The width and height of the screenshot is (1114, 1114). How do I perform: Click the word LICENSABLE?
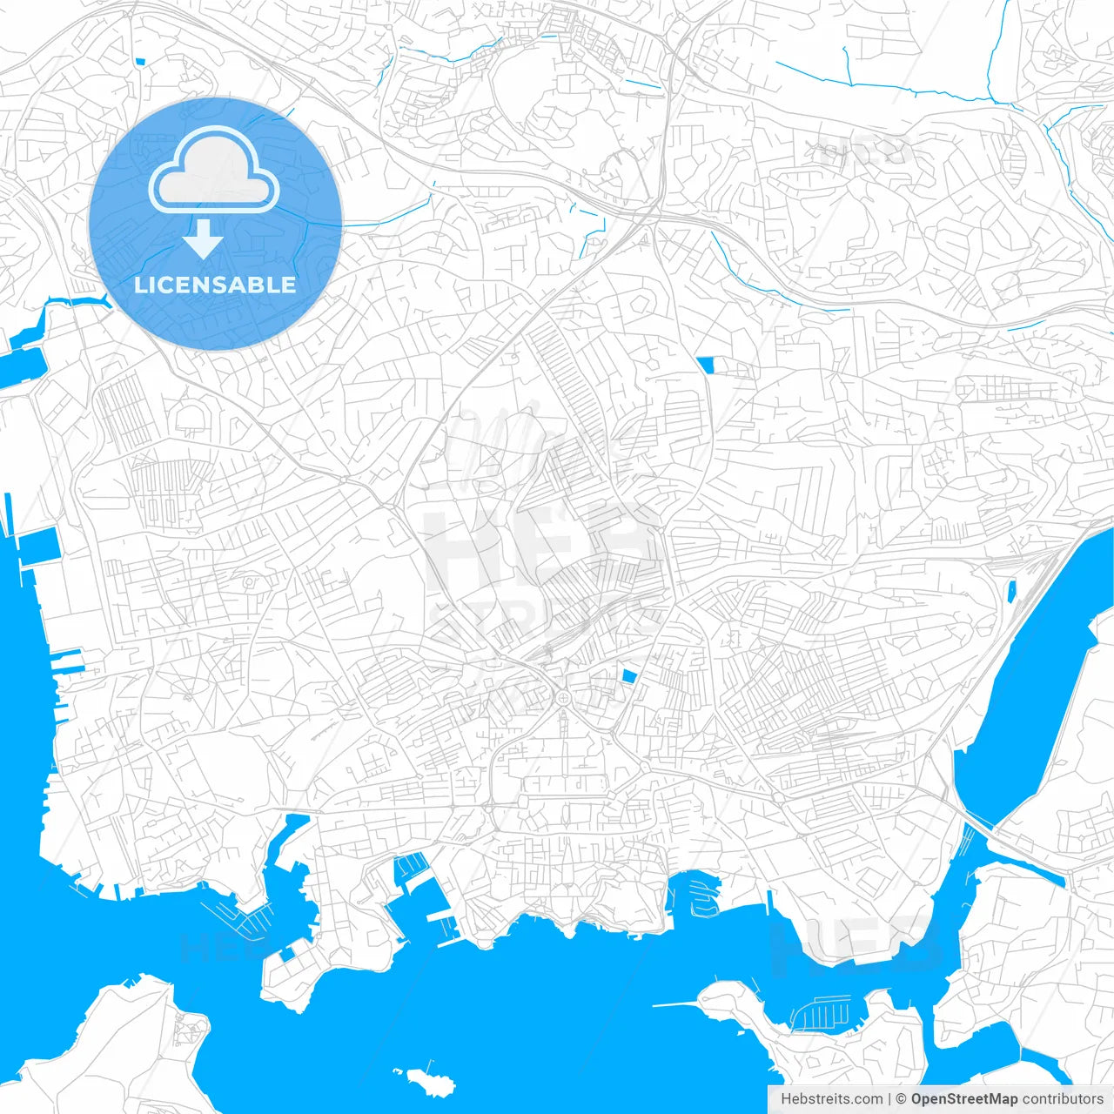point(215,285)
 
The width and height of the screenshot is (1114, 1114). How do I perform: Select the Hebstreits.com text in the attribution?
point(831,1099)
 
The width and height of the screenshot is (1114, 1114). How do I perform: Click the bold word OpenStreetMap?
point(963,1099)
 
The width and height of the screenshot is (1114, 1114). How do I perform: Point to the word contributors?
point(1062,1099)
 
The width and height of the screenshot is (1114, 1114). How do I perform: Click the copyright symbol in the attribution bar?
point(901,1099)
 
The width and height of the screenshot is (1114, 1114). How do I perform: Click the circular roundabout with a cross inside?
point(563,698)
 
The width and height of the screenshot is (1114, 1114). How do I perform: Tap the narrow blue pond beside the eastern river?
point(1011,592)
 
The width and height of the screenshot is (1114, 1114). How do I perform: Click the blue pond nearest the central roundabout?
point(628,675)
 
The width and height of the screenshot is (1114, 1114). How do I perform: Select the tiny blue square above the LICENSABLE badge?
point(139,62)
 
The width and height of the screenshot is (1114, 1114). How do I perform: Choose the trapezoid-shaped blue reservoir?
point(705,365)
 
